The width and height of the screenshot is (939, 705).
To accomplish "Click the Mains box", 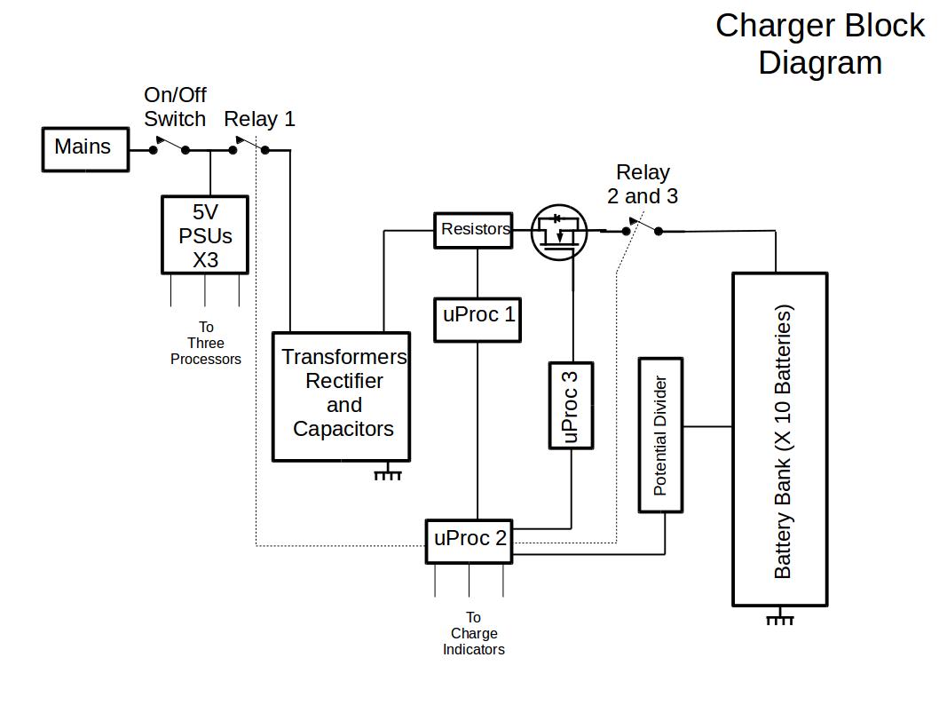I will (85, 148).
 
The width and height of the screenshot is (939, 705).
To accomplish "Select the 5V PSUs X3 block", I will (205, 235).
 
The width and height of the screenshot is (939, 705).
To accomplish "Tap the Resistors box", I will (474, 230).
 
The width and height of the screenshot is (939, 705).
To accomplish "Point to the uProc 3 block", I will (571, 405).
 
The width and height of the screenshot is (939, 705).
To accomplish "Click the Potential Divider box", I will (660, 435).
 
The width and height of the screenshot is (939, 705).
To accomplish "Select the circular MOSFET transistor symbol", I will (558, 234).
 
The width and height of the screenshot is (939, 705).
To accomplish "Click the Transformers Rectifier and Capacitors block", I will (341, 396).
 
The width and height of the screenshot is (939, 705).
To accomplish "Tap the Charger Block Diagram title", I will (819, 44).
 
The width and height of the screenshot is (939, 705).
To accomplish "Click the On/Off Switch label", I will (175, 107).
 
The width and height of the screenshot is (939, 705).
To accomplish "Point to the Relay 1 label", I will (259, 119).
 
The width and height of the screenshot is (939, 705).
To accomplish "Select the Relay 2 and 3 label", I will (643, 184).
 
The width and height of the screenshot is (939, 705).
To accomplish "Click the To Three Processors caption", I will (206, 344).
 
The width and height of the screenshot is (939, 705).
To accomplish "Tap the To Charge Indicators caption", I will (473, 633).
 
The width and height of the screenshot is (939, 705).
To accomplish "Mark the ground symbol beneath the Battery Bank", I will (779, 617).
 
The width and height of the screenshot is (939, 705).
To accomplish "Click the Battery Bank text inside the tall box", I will (782, 441).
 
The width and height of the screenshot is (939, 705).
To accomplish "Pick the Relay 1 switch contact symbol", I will (249, 147).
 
